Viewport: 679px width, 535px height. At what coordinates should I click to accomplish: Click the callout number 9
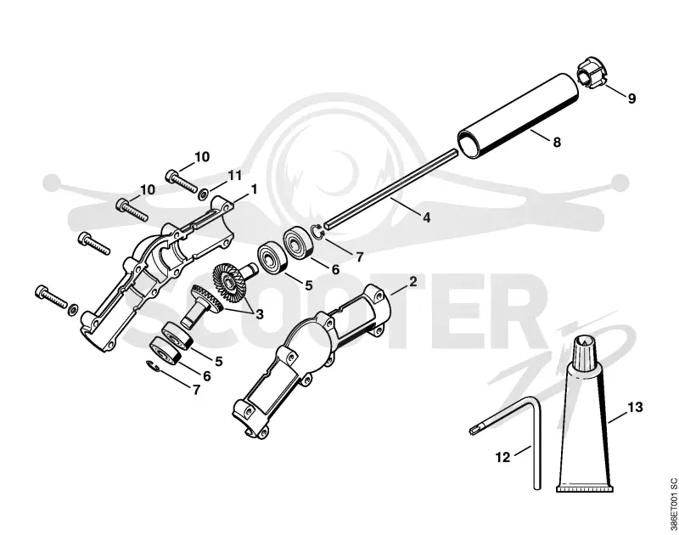coord(631,99)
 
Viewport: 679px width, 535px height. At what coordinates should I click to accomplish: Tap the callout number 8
coord(557,142)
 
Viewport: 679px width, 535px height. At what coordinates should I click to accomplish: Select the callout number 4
coord(427,218)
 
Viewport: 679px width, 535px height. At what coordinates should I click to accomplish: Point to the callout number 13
coord(635,408)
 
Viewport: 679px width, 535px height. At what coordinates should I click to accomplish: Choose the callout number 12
coord(502,457)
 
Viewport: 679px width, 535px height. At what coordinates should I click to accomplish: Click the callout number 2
coord(412,282)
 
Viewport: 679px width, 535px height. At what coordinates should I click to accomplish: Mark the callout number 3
coord(260,314)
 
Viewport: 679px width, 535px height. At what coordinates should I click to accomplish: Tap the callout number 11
coord(234,176)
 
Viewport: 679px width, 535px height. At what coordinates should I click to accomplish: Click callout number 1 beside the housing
coord(254,189)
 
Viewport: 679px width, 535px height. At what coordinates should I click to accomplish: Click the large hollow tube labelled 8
coord(518,116)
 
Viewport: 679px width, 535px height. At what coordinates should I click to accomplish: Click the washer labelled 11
coord(203,194)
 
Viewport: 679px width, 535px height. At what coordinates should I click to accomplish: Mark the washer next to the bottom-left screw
coord(73,309)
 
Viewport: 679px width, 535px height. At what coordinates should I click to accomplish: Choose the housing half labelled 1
coord(158,273)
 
